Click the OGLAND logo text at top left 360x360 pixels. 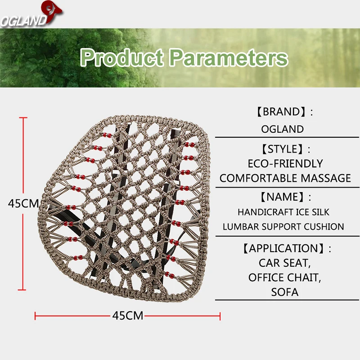pyautogui.click(x=22, y=21)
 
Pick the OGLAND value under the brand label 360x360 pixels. pyautogui.click(x=283, y=129)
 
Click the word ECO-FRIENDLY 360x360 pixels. pyautogui.click(x=285, y=163)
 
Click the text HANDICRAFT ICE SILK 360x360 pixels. pyautogui.click(x=283, y=212)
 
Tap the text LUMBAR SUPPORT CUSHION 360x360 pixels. pyautogui.click(x=283, y=227)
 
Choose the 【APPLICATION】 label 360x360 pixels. pyautogui.click(x=285, y=248)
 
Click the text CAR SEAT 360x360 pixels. pyautogui.click(x=285, y=263)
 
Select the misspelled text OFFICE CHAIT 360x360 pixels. pyautogui.click(x=285, y=278)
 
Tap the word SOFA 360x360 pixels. pyautogui.click(x=285, y=292)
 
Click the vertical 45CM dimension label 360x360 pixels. pyautogui.click(x=24, y=203)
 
